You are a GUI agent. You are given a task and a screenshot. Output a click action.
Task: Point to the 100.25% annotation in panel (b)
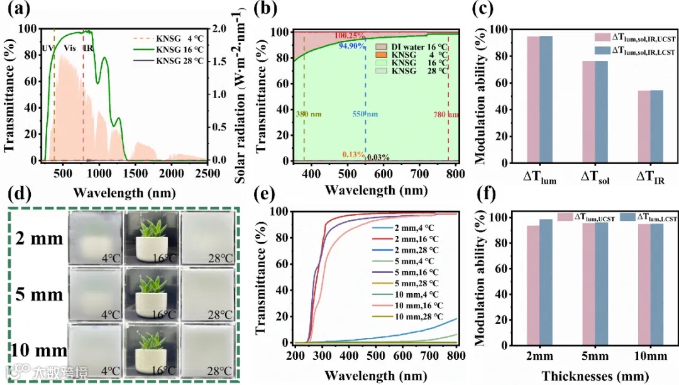point(351,35)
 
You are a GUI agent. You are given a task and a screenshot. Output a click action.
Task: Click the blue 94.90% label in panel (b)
point(353,45)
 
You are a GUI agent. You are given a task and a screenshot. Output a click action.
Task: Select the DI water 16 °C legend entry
point(414,47)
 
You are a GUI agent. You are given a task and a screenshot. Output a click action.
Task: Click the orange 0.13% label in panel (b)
point(353,155)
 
